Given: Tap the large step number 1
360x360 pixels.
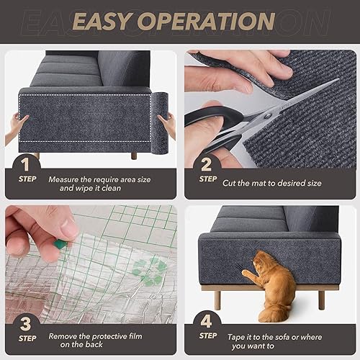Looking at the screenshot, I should tap(27, 166).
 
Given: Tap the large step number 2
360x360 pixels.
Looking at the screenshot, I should tap(207, 166).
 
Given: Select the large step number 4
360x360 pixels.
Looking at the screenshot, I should tap(207, 322).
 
